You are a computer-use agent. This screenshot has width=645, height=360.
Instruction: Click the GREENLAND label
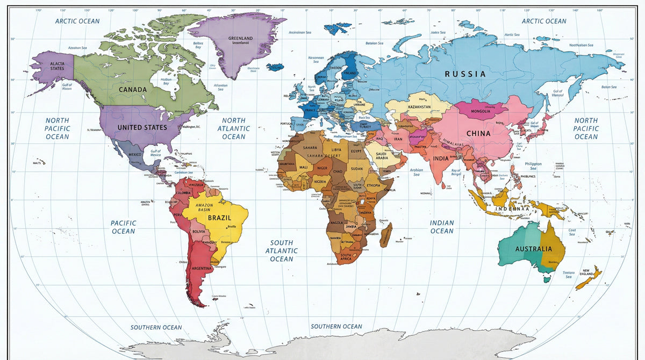pyautogui.click(x=240, y=38)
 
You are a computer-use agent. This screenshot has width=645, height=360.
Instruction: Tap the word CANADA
pyautogui.click(x=133, y=90)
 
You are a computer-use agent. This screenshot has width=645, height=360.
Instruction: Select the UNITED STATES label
pyautogui.click(x=142, y=127)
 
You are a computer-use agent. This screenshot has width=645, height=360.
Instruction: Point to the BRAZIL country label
pyautogui.click(x=219, y=218)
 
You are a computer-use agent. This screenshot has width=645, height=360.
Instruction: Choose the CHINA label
pyautogui.click(x=478, y=133)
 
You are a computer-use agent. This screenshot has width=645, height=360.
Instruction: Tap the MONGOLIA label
pyautogui.click(x=480, y=112)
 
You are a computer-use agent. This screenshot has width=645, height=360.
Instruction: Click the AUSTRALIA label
pyautogui.click(x=533, y=249)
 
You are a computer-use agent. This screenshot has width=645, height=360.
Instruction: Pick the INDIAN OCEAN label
pyautogui.click(x=442, y=227)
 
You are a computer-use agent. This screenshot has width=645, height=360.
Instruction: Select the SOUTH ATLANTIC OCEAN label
pyautogui.click(x=282, y=251)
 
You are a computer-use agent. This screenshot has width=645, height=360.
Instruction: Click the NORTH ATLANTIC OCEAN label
pyautogui.click(x=234, y=128)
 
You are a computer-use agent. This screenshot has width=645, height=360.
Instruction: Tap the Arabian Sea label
pyautogui.click(x=417, y=172)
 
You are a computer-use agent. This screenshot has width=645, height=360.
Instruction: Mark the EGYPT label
pyautogui.click(x=357, y=152)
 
